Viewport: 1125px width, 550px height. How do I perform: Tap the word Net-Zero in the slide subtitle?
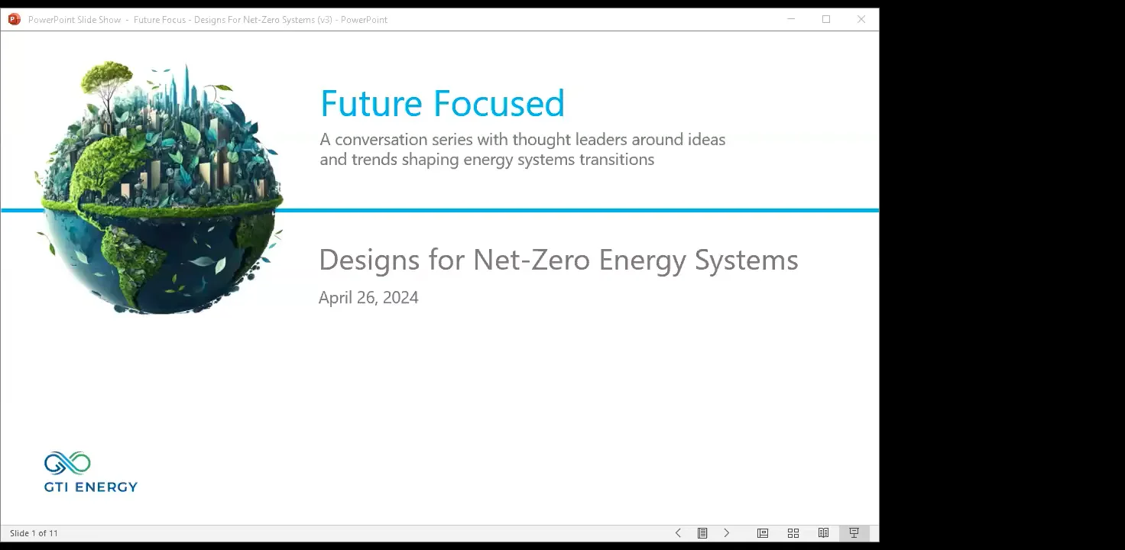(531, 260)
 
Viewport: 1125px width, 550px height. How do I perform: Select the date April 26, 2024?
(368, 298)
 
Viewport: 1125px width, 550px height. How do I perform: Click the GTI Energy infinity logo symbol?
(67, 464)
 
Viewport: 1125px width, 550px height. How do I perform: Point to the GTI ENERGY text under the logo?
(91, 487)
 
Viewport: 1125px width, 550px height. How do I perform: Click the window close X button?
(861, 19)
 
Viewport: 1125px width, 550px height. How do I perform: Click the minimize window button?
(792, 19)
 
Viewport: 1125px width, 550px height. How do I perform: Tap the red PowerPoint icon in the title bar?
(14, 19)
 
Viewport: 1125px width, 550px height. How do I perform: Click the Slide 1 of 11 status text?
(34, 533)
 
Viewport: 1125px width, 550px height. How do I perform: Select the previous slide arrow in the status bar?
(678, 533)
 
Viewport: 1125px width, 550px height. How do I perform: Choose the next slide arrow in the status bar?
(727, 533)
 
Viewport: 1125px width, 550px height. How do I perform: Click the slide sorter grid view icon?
(793, 533)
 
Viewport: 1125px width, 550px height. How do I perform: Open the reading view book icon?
(823, 533)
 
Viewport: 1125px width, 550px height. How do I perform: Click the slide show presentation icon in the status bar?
(854, 533)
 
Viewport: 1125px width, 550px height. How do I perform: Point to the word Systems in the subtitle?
(746, 260)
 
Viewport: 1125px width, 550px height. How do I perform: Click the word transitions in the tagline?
(616, 160)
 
